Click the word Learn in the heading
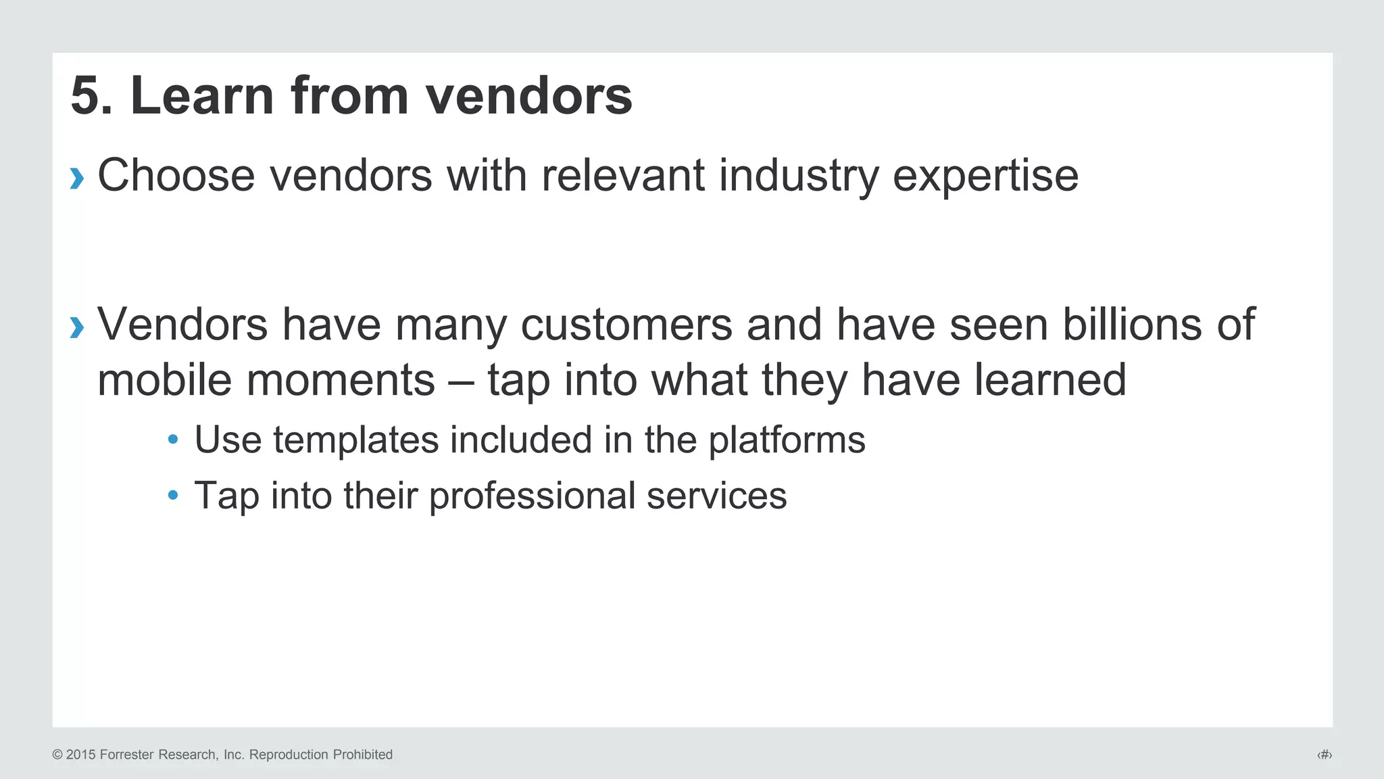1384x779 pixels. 201,96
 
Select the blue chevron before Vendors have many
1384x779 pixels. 77,328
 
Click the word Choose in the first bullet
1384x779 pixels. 176,176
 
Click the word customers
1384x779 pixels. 626,325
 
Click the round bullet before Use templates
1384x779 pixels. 173,440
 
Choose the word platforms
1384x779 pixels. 787,441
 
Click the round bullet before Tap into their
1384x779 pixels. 173,496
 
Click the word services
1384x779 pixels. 716,496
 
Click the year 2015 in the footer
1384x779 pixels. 81,755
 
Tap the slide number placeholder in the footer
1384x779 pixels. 1325,755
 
